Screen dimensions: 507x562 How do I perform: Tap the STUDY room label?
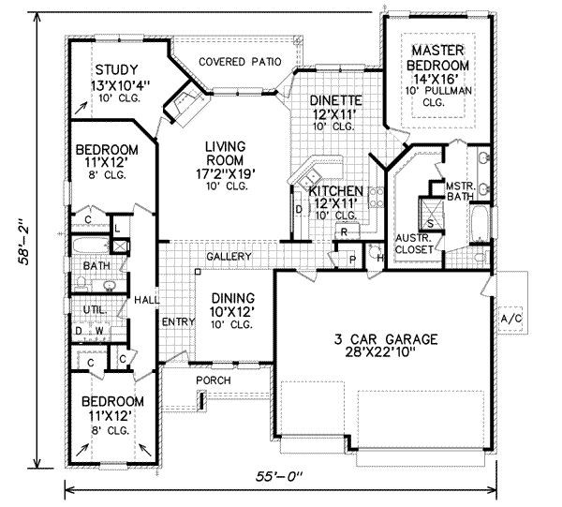115,70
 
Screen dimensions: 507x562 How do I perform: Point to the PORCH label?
214,380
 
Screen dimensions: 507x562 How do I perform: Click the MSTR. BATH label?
460,191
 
